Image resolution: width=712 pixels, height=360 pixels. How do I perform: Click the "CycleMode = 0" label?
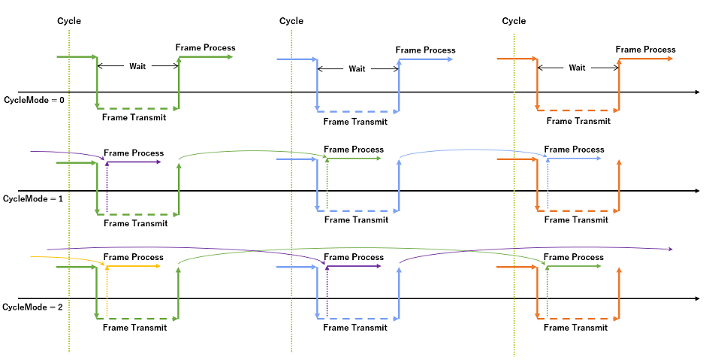point(35,99)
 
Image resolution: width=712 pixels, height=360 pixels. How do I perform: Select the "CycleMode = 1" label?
point(34,198)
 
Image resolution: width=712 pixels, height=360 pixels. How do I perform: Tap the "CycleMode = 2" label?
point(34,307)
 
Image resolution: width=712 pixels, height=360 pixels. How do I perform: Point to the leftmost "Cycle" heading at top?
point(69,21)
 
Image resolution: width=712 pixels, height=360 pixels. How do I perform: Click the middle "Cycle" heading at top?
point(291,21)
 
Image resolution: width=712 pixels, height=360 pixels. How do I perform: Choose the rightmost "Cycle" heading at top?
point(514,21)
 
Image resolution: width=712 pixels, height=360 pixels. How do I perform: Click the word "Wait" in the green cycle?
point(137,66)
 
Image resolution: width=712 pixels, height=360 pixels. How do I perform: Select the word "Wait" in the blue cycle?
point(358,68)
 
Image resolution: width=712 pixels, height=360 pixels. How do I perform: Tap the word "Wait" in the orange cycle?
point(577,68)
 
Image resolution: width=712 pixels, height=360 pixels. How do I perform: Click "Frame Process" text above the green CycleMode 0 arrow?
point(205,47)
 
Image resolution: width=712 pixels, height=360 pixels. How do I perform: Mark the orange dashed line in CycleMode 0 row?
point(578,110)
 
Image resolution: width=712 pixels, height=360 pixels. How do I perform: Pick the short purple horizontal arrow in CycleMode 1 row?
point(134,162)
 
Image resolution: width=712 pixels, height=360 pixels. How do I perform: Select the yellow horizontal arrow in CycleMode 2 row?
point(134,266)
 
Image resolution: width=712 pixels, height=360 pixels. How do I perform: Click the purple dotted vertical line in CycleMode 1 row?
point(107,188)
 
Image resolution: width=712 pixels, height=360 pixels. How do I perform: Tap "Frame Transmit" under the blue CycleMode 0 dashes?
point(355,121)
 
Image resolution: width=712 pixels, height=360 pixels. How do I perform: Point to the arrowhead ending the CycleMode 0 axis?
point(696,92)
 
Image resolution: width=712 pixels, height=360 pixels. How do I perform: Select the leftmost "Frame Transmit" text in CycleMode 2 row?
point(135,327)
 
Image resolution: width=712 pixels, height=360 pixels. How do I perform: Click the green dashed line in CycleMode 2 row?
point(138,318)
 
